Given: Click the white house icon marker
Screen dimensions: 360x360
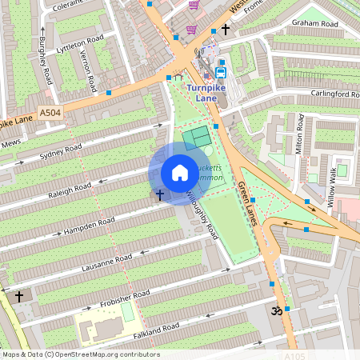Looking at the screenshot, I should coord(180,173).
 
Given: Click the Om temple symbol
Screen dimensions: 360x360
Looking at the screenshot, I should coord(278,309).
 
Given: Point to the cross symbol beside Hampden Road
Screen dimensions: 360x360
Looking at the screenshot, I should coord(159,194).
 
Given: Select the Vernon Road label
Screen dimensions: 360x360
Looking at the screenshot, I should coord(89,71).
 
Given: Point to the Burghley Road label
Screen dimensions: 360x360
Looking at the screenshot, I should coord(46,60).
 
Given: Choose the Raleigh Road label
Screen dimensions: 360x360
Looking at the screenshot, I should coord(70,189).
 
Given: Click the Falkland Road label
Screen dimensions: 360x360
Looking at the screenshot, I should coord(156,329).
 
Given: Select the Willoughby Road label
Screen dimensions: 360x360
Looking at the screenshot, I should coord(201,214).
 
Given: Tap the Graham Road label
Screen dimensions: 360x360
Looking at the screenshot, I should coord(314,23).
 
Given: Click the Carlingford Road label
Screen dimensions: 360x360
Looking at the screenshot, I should coord(334,94).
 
